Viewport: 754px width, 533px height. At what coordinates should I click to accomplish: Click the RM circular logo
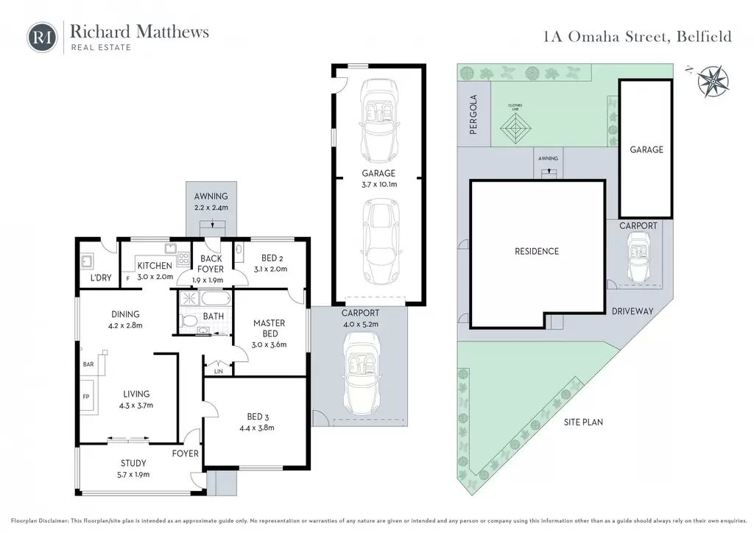(x=42, y=37)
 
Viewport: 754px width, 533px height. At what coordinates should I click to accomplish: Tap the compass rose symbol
(x=713, y=81)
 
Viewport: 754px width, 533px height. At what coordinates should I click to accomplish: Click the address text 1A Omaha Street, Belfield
(x=638, y=37)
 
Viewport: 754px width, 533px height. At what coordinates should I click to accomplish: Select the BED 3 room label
(x=255, y=417)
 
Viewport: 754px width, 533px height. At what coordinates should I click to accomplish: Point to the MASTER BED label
(x=269, y=328)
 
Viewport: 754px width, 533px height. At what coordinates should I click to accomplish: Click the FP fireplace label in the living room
(x=86, y=397)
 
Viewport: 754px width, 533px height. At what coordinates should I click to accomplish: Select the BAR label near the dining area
(x=88, y=364)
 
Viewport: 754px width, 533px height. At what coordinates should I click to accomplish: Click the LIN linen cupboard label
(x=218, y=372)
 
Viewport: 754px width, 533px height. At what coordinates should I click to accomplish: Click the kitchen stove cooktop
(x=183, y=259)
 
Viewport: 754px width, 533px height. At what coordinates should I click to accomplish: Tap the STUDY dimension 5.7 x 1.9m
(x=135, y=474)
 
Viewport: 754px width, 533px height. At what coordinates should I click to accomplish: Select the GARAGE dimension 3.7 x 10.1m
(x=379, y=185)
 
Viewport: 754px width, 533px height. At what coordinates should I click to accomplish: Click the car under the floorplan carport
(x=361, y=374)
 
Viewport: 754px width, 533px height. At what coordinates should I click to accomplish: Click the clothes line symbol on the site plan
(x=515, y=128)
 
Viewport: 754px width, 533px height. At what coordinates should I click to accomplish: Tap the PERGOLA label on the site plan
(x=473, y=114)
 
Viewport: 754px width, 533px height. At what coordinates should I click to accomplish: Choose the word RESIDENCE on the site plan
(x=537, y=251)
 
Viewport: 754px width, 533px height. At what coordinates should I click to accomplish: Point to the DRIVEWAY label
(x=633, y=311)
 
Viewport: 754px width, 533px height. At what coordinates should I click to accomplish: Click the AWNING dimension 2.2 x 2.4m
(x=211, y=208)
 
